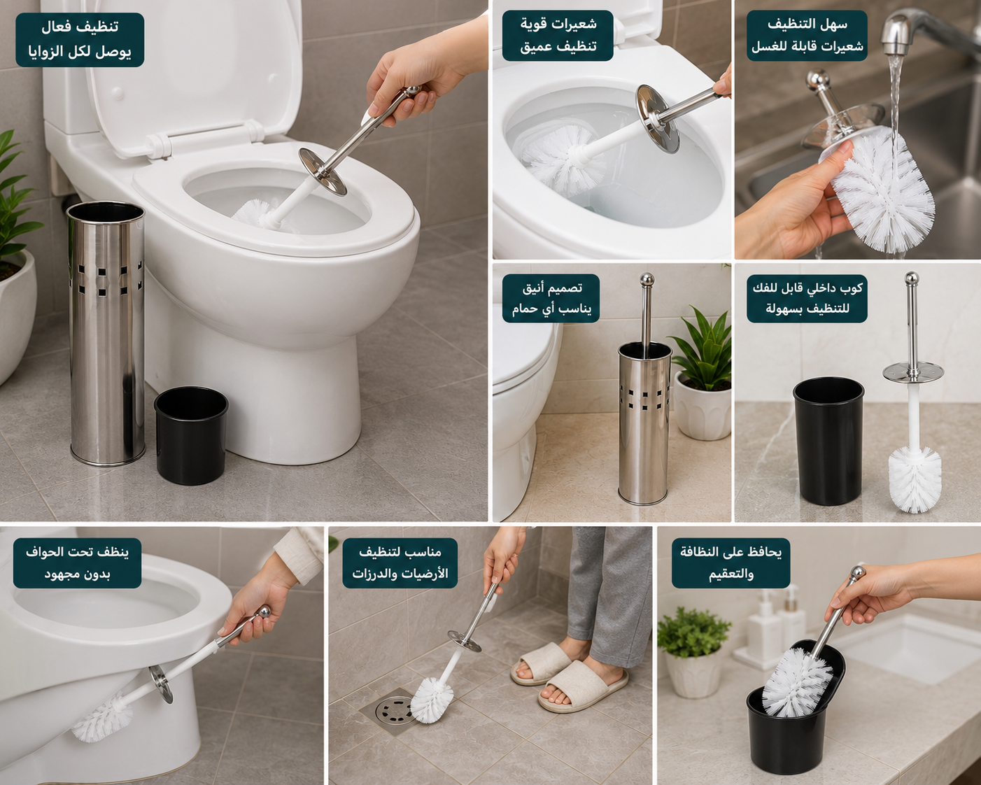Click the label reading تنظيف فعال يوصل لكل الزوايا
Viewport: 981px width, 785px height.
(80, 40)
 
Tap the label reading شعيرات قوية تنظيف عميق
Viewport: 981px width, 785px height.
(558, 36)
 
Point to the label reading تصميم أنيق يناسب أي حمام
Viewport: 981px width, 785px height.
(551, 299)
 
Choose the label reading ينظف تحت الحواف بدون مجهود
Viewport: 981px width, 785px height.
(77, 563)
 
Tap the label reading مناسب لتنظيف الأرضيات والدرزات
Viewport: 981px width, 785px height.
(400, 563)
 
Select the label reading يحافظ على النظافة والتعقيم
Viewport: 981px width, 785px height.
(731, 563)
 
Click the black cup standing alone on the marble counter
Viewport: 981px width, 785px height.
(828, 441)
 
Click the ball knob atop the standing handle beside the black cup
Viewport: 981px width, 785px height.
(911, 278)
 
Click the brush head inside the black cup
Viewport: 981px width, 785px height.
(797, 680)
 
